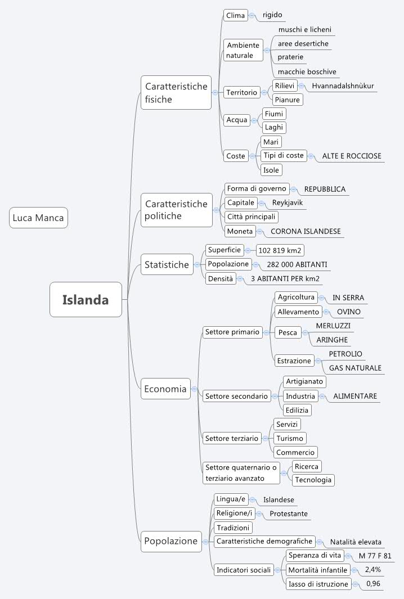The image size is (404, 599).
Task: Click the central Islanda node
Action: (86, 300)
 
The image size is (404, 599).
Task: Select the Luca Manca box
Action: (38, 218)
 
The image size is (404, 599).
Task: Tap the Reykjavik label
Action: (288, 202)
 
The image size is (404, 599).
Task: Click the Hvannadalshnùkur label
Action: (343, 86)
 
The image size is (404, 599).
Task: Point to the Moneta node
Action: (240, 231)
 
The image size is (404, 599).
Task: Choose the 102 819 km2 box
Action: (281, 250)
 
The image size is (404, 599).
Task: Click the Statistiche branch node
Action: (167, 264)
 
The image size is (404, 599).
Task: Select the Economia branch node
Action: (165, 389)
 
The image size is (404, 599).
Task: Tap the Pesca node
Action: (288, 332)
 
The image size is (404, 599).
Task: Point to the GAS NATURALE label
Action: (355, 368)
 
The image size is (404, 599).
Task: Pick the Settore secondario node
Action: (236, 396)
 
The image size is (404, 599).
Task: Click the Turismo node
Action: (290, 438)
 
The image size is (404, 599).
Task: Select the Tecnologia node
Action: (313, 480)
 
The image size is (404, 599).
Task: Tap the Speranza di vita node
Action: (315, 555)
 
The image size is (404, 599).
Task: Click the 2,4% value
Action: (372, 569)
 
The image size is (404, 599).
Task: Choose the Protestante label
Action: (288, 514)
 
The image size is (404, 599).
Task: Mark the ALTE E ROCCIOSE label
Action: (351, 156)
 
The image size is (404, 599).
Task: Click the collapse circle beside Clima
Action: (252, 16)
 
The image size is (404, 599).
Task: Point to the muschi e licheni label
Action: (304, 29)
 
